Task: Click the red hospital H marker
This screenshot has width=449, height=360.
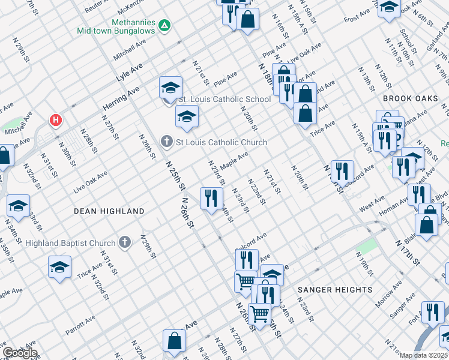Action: pyautogui.click(x=56, y=120)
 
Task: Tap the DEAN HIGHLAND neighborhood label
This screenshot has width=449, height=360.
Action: pyautogui.click(x=109, y=211)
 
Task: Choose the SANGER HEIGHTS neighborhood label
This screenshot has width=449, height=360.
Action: pyautogui.click(x=335, y=290)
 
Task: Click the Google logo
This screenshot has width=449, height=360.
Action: pyautogui.click(x=20, y=352)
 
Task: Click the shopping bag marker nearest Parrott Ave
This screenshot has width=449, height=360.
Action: pyautogui.click(x=174, y=341)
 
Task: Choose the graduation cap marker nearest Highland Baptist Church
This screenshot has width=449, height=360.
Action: pyautogui.click(x=60, y=268)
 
